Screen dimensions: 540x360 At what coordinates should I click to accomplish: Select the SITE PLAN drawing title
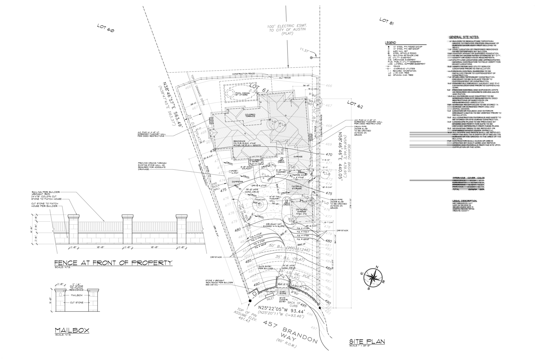point(367,341)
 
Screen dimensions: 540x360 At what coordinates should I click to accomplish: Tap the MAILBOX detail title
point(72,330)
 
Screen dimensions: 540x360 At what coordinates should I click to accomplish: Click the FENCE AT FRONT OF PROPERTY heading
point(113,262)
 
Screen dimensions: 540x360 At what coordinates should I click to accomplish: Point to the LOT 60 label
point(106,28)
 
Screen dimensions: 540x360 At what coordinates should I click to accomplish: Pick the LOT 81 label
point(386,21)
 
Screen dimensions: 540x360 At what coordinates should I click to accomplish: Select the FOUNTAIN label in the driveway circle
point(260,200)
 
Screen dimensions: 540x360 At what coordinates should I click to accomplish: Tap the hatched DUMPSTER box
point(237,182)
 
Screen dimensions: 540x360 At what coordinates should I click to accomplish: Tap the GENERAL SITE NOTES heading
point(464,37)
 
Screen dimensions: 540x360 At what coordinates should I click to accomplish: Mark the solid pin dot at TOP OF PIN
point(250,300)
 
